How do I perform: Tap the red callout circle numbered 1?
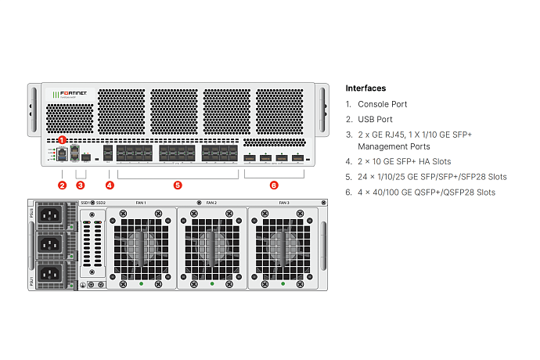(63, 139)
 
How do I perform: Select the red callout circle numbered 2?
(63, 185)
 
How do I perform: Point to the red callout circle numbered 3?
(80, 185)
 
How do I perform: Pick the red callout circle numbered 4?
(110, 185)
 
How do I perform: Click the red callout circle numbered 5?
(178, 185)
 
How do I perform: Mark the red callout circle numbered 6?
(274, 185)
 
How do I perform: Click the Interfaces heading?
(365, 88)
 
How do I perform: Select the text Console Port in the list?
(382, 104)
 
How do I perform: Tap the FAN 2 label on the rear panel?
(211, 203)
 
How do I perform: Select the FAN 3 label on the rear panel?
(284, 203)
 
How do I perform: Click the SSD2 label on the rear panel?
(101, 203)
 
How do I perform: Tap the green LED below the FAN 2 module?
(211, 283)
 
